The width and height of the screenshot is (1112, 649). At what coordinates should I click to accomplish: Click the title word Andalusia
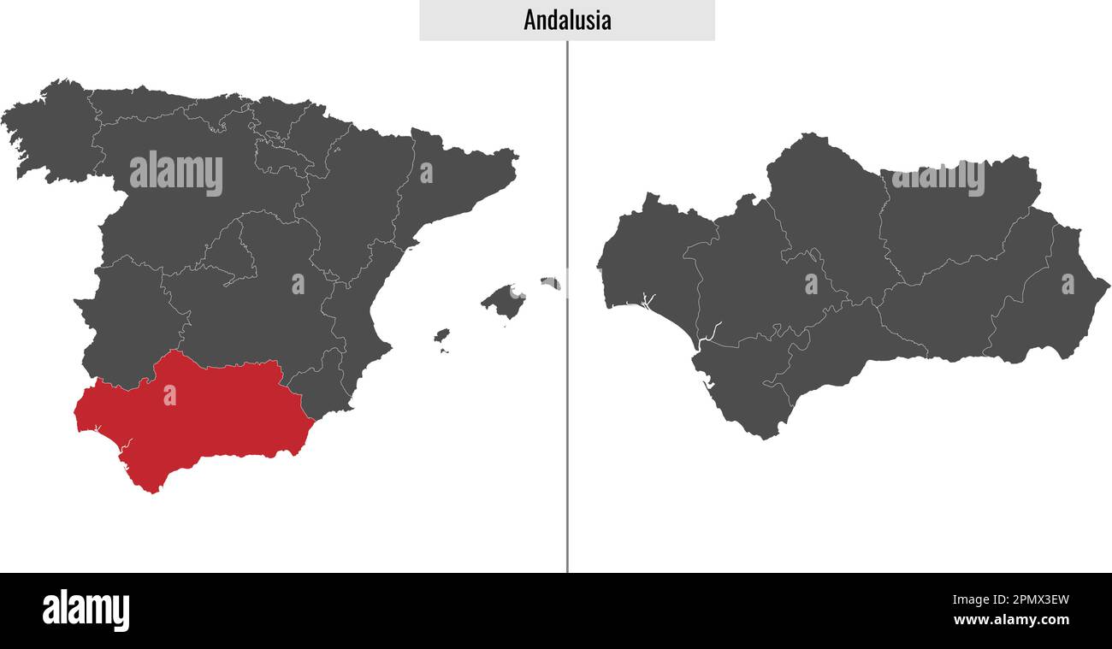coord(567,21)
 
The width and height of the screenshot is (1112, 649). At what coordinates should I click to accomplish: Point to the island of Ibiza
coord(441,335)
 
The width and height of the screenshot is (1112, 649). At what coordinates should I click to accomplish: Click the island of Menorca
coord(551,282)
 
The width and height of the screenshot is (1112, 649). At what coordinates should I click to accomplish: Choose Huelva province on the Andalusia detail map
coord(646,257)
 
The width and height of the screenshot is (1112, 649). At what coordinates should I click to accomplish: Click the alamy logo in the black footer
coord(86,611)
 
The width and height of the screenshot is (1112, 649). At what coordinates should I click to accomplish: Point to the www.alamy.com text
coord(1010,620)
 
